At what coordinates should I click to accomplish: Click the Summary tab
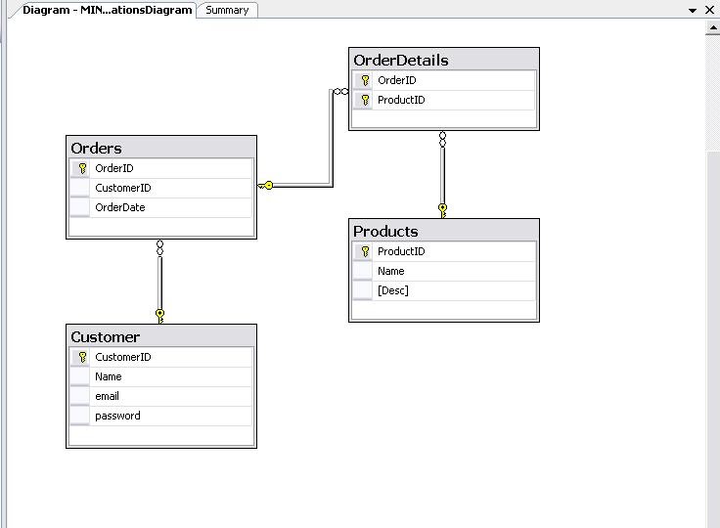(x=227, y=10)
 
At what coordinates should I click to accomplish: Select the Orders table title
(x=97, y=149)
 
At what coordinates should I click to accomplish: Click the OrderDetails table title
(x=401, y=61)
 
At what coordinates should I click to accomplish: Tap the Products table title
(x=385, y=232)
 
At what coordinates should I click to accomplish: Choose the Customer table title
(x=105, y=337)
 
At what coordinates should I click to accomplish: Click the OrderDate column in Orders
(x=120, y=207)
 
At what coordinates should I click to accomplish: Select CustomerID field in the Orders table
(x=123, y=188)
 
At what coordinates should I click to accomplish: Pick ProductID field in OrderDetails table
(x=401, y=100)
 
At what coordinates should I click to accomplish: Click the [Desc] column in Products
(x=392, y=290)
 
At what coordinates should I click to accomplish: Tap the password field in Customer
(x=117, y=416)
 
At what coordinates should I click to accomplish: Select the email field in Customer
(x=107, y=396)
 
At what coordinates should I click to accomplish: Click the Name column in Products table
(x=390, y=271)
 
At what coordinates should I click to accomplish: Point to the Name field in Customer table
(x=108, y=376)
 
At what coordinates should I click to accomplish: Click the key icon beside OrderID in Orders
(x=82, y=168)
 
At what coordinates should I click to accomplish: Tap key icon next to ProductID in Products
(x=365, y=251)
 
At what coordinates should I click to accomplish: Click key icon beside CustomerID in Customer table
(x=82, y=357)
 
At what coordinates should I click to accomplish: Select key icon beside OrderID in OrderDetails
(x=365, y=80)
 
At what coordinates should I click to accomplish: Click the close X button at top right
(x=710, y=10)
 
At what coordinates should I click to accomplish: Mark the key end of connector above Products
(x=443, y=208)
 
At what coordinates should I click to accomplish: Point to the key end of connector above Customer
(x=160, y=314)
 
